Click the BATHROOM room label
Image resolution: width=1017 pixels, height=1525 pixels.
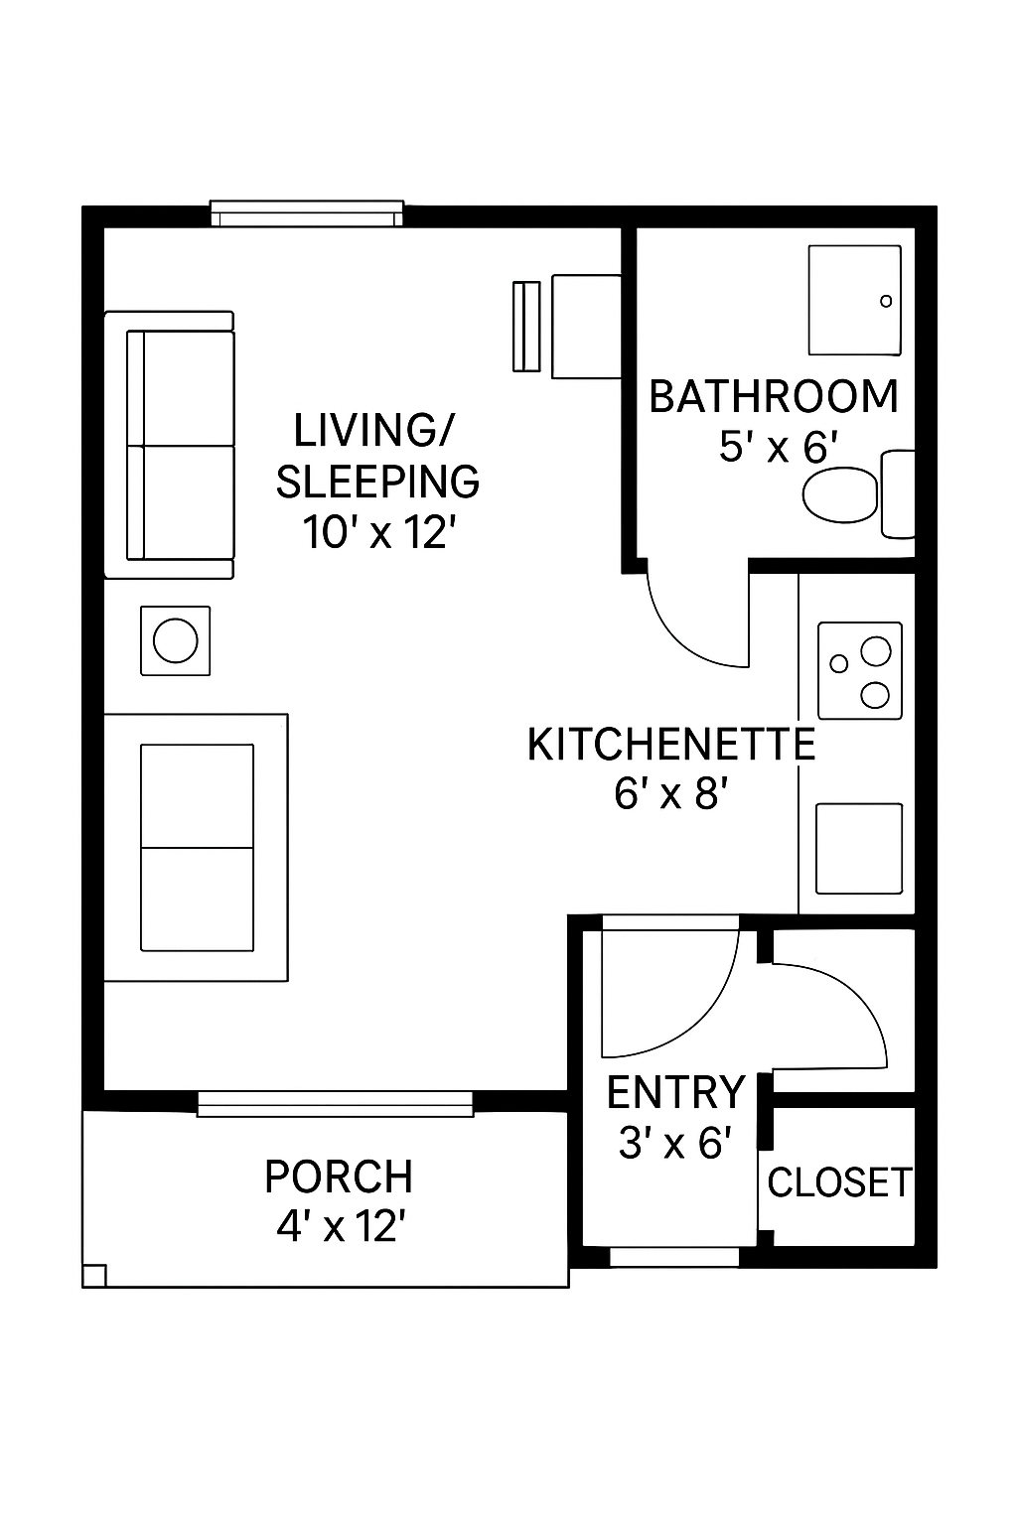click(774, 397)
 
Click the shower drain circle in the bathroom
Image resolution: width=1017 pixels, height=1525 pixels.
click(886, 300)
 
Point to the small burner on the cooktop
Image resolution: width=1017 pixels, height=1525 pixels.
click(838, 663)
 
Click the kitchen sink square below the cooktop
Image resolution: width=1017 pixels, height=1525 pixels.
click(859, 848)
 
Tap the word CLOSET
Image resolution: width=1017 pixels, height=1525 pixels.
click(839, 1181)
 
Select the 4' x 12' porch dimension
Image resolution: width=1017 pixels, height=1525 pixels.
click(342, 1227)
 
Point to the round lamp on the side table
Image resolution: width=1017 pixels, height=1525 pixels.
click(175, 640)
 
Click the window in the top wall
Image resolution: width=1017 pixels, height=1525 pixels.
click(307, 213)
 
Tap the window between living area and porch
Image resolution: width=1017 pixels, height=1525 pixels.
click(335, 1104)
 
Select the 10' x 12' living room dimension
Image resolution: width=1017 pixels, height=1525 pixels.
click(378, 532)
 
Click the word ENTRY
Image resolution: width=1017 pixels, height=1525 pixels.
click(675, 1092)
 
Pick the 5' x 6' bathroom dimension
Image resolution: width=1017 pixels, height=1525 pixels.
click(778, 448)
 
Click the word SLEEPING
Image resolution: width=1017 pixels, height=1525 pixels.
click(377, 482)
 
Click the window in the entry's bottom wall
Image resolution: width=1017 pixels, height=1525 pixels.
click(674, 1256)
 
